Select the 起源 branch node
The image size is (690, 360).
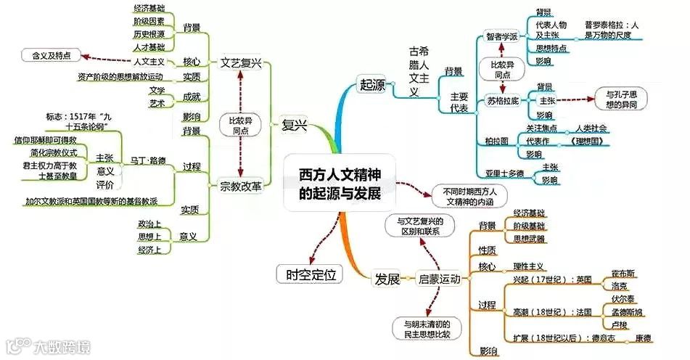(372, 85)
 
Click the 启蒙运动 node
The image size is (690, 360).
(438, 278)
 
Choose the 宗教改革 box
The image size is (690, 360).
(241, 186)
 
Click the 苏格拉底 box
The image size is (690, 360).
(503, 101)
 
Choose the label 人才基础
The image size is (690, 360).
(149, 48)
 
